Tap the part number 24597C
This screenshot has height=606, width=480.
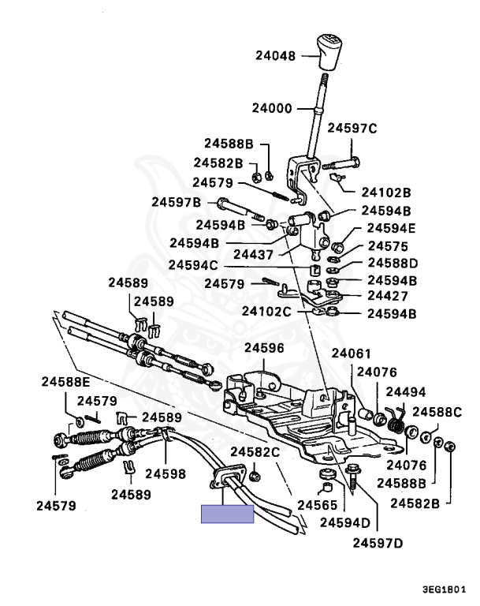pos(352,128)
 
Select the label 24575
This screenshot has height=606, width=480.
pos(386,245)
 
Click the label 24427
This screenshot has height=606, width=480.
pos(386,297)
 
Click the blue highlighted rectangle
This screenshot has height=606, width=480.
pos(227,514)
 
